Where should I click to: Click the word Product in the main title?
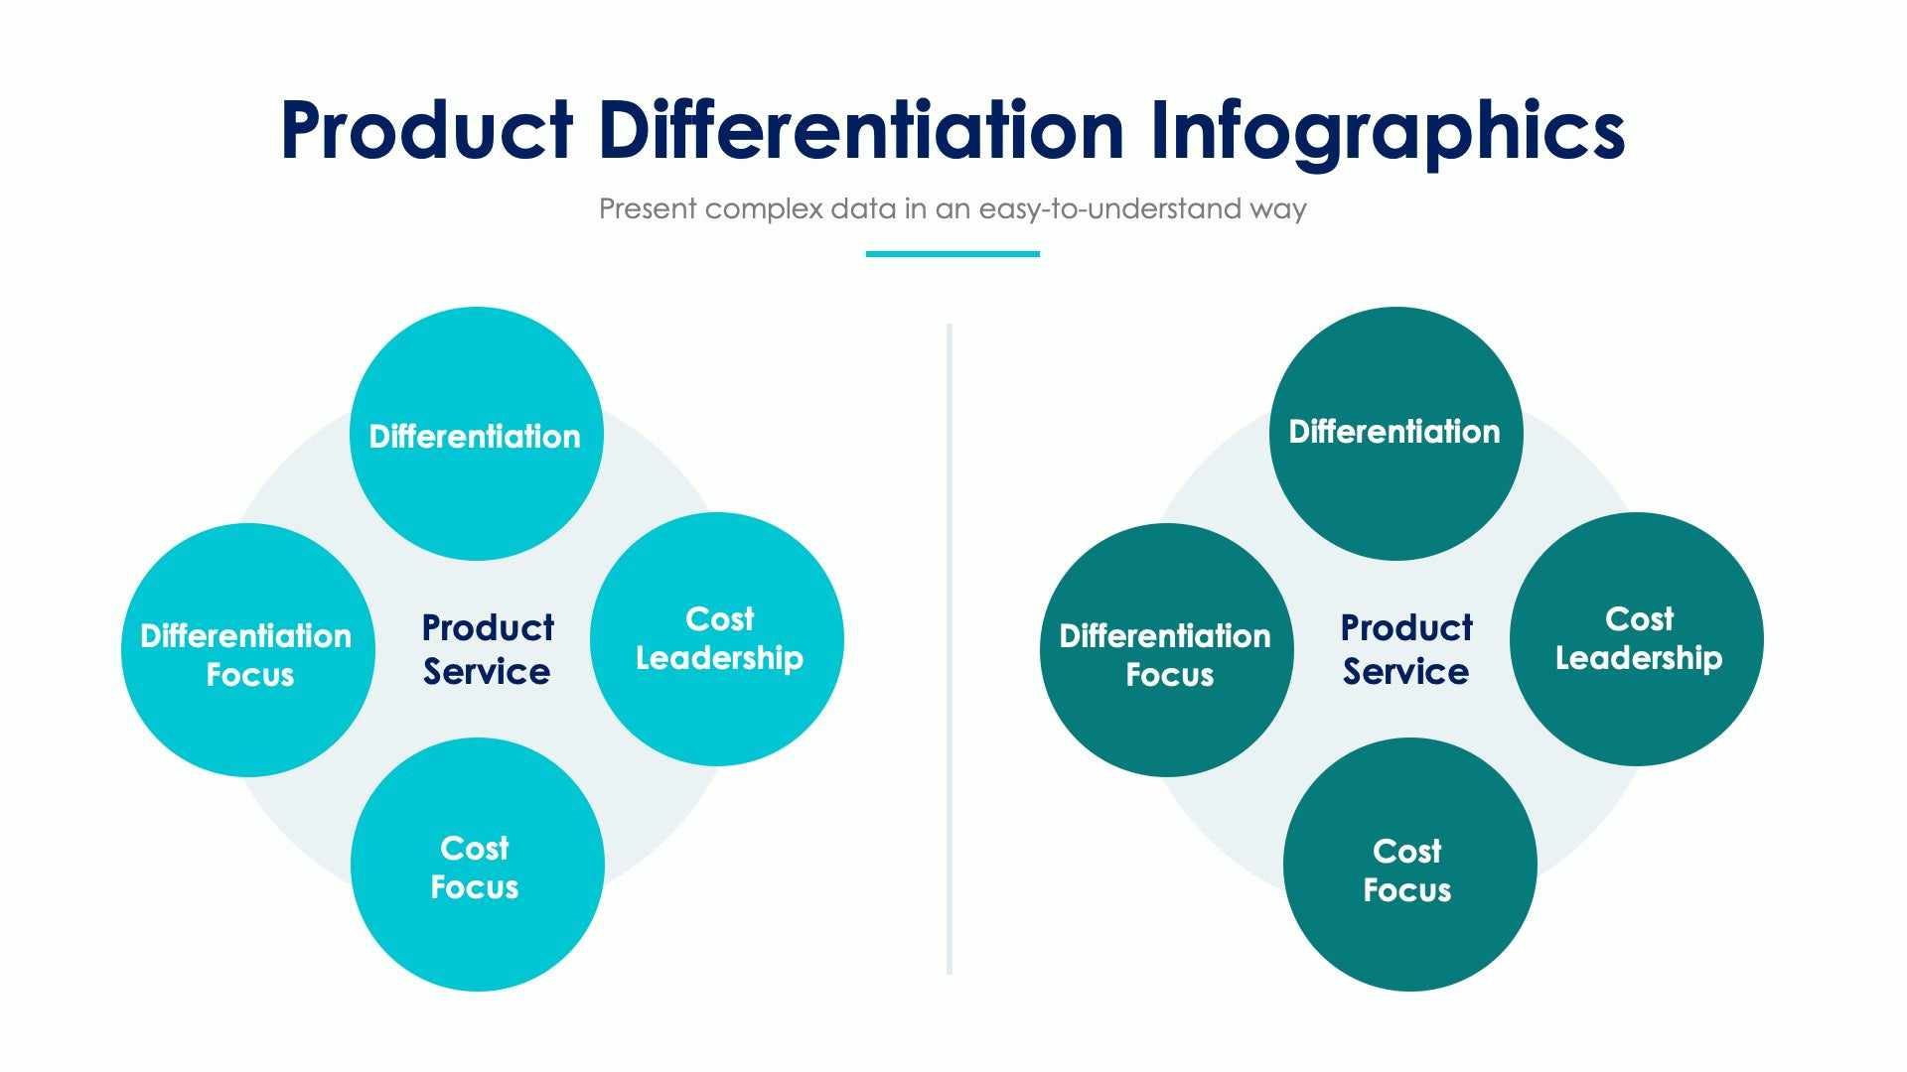tap(427, 131)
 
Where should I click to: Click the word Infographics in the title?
tap(1388, 131)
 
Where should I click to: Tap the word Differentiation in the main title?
tap(861, 131)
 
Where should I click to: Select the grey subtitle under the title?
tap(952, 209)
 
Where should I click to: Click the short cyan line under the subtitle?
tap(952, 254)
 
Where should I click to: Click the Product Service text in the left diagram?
tap(487, 650)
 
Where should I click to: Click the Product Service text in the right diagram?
tap(1405, 650)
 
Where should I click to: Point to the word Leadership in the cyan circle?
tap(719, 658)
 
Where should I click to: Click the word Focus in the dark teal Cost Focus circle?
tap(1406, 890)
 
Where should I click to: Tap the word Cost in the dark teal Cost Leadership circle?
tap(1639, 619)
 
